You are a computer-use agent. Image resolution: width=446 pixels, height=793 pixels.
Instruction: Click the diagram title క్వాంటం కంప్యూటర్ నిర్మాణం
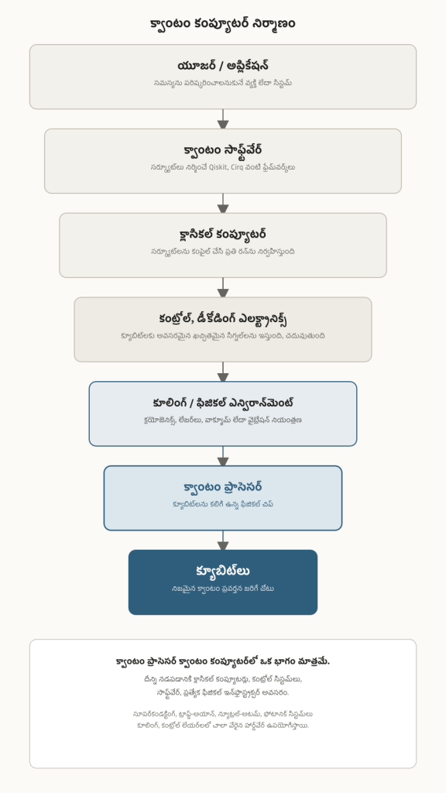pos(222,24)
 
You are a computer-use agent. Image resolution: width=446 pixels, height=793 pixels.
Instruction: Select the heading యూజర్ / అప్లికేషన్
pos(222,66)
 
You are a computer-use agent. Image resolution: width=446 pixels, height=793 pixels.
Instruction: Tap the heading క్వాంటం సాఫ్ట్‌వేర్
pos(222,150)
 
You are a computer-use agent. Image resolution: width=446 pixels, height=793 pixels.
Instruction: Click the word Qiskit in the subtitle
pos(218,167)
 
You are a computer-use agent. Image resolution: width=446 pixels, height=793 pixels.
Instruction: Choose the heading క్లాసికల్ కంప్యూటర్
pos(222,235)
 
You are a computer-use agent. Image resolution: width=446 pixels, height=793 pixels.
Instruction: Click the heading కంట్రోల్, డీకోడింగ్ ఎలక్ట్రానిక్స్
pos(222,319)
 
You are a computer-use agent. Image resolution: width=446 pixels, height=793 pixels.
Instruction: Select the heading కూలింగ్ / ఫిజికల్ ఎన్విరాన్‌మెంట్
pos(222,403)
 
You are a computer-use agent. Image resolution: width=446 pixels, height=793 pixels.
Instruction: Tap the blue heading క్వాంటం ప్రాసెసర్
pos(222,488)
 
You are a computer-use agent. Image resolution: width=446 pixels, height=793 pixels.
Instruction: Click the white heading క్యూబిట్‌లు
pos(222,572)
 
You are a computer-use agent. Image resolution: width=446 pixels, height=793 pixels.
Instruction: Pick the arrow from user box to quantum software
pos(223,118)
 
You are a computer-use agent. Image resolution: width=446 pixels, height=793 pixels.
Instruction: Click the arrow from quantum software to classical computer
pos(223,204)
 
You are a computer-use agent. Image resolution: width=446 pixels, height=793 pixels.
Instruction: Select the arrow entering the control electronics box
pos(223,287)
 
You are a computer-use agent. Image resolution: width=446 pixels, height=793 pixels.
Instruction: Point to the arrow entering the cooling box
pos(223,372)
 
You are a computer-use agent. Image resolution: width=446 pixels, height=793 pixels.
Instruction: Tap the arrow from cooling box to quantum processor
pos(223,456)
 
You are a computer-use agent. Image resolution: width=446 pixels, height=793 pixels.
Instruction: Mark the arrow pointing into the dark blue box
pos(223,540)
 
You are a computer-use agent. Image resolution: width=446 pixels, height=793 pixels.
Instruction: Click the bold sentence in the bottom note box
pos(222,661)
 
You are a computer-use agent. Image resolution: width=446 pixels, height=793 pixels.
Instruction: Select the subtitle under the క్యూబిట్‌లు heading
pos(222,589)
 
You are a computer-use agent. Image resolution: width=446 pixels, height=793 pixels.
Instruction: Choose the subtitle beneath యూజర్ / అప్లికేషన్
pos(222,83)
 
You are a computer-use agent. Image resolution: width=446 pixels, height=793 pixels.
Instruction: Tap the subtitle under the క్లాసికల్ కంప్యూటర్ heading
pos(222,252)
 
